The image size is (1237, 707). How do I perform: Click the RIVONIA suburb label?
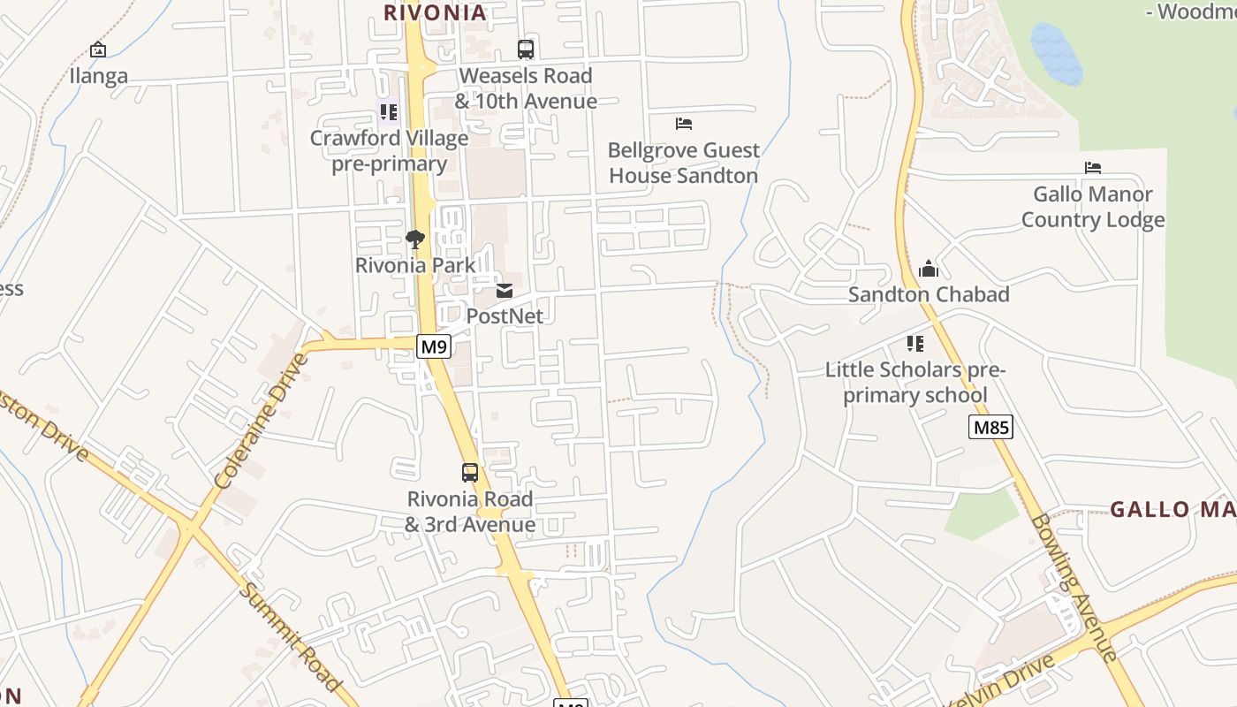(435, 12)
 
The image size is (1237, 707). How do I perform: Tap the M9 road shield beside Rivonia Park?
(433, 346)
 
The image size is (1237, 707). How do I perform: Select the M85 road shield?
(990, 428)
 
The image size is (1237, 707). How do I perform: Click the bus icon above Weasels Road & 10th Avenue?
(526, 49)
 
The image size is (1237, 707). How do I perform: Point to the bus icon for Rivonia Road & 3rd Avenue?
(470, 473)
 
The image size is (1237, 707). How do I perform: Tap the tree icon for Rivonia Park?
(414, 239)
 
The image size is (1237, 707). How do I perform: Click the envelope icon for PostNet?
(505, 290)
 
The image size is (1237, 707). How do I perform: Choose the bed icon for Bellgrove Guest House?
(683, 124)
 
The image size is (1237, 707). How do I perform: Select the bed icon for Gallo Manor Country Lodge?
(1093, 168)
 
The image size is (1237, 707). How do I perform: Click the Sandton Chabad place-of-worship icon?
(929, 269)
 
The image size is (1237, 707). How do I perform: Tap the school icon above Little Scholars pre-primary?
(915, 343)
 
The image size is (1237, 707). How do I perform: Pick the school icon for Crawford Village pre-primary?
(388, 111)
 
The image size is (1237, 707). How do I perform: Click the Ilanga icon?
(98, 49)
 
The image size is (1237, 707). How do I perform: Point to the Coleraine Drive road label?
(261, 422)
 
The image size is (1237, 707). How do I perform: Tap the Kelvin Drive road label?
(1003, 682)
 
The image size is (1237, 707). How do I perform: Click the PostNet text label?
(505, 315)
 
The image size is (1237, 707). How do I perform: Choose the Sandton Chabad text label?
(929, 294)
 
